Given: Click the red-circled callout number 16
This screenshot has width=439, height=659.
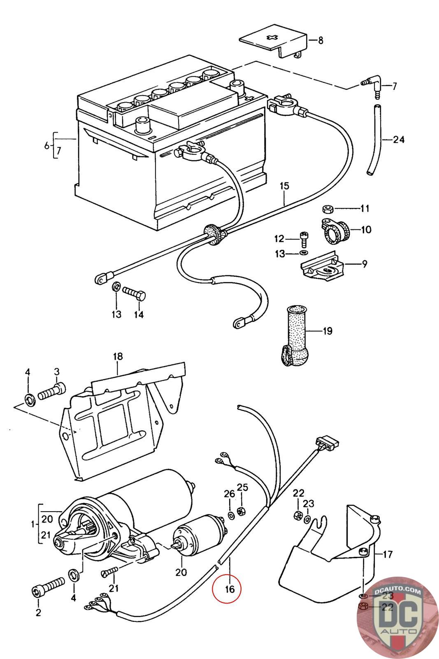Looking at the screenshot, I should coord(229,589).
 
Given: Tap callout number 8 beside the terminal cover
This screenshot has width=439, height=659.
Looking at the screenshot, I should coord(321,40).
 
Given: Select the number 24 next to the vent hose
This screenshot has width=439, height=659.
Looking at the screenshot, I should coord(398,140).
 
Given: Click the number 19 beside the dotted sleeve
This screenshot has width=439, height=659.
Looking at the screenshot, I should coord(328,331).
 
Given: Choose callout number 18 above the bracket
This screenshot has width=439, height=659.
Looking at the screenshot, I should coord(118,356).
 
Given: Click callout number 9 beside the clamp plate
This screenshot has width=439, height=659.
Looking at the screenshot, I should coord(365,264).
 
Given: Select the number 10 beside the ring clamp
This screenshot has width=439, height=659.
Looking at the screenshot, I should coord(366,229).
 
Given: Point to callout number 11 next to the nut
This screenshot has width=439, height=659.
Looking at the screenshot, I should coord(365,208).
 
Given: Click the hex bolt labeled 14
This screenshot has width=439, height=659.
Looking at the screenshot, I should coord(134,295).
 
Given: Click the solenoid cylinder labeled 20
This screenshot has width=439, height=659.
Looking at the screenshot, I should coord(201,535).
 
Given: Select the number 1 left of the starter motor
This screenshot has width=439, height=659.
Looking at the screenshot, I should coord(32,524).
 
